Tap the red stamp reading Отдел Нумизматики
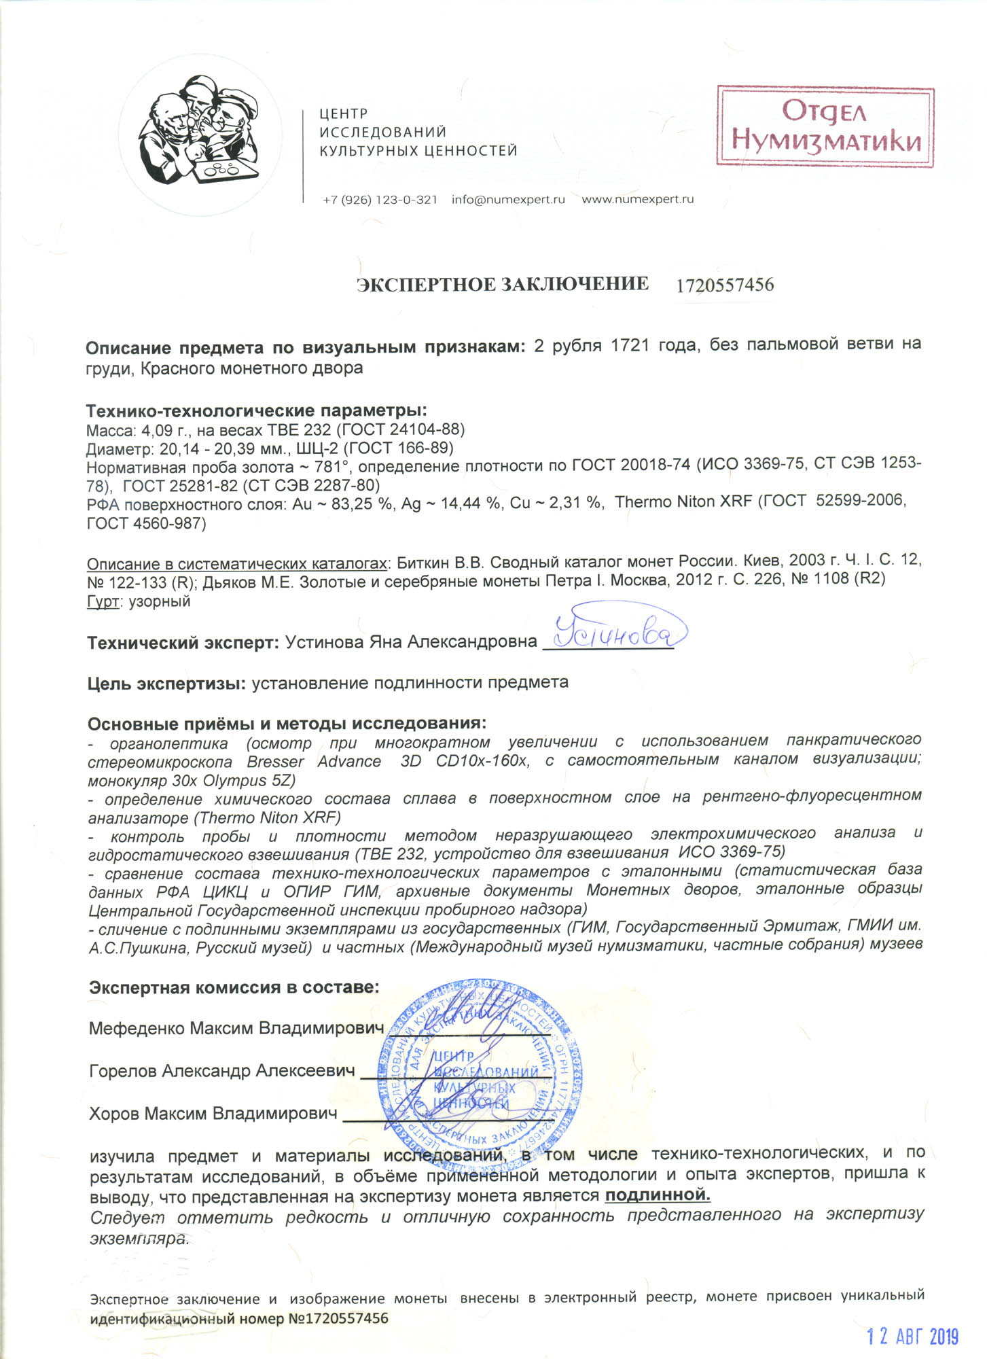coord(825,126)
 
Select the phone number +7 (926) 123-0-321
coord(380,200)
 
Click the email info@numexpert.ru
coord(508,200)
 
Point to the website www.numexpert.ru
coord(637,200)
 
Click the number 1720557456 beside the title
coord(725,285)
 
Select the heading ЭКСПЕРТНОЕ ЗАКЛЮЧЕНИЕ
coord(503,284)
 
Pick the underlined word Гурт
coord(103,601)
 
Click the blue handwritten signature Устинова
coord(615,634)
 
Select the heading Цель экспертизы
coord(166,683)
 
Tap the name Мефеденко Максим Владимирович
coord(236,1028)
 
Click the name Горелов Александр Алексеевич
coord(221,1071)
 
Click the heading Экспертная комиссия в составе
coord(234,987)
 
